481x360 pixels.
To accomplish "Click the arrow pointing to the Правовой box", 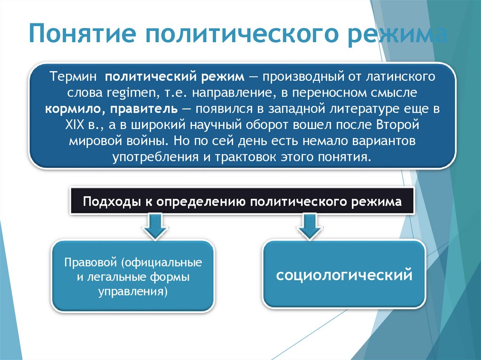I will pos(155,225).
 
